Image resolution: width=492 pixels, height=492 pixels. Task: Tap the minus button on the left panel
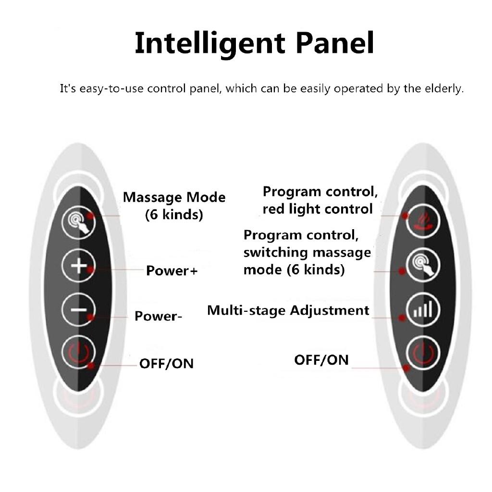(78, 310)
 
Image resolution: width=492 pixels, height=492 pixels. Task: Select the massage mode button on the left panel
(78, 222)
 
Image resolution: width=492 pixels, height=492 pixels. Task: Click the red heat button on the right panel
(423, 221)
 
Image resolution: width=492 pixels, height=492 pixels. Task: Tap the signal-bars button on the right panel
(423, 309)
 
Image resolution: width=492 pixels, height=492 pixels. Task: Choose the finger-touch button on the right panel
(423, 265)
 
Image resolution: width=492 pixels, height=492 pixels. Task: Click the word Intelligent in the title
(210, 43)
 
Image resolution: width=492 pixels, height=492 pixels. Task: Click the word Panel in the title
(335, 43)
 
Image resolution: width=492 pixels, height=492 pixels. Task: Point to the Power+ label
(172, 271)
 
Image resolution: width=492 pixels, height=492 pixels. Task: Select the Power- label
(158, 316)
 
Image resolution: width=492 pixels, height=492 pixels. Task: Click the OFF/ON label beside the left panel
(166, 364)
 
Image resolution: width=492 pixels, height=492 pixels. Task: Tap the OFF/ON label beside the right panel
(321, 360)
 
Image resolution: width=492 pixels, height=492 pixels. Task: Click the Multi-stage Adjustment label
(288, 311)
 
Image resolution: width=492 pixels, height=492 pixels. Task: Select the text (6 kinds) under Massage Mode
(174, 215)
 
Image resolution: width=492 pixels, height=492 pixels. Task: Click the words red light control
(318, 209)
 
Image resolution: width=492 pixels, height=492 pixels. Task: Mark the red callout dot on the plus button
(90, 270)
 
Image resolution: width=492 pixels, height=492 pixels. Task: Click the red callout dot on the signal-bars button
(402, 318)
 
